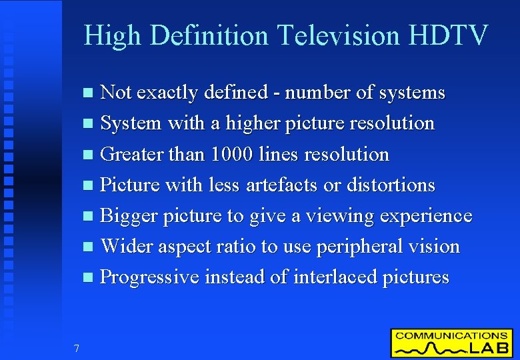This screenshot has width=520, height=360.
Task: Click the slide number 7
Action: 77,348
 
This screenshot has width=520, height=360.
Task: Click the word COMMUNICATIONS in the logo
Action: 451,335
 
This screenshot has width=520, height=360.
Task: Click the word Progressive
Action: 149,277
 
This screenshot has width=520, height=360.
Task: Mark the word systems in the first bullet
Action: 411,93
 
